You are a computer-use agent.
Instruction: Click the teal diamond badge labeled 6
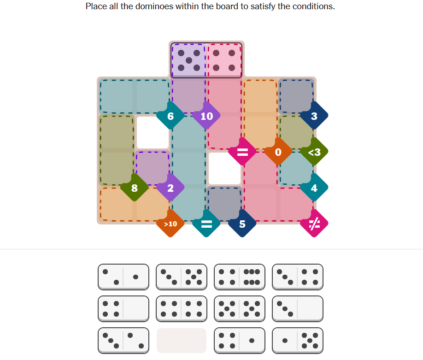coord(170,116)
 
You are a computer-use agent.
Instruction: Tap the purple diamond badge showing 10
coord(206,116)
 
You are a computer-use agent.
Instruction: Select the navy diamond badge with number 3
coord(314,116)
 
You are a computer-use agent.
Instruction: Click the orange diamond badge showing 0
coord(278,152)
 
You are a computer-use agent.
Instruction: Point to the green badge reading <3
coord(314,152)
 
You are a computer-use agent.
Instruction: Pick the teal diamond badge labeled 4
coord(314,188)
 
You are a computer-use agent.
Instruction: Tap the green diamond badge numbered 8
coord(135,188)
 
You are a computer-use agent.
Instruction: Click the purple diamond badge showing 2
coord(170,188)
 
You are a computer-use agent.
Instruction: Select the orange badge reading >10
coord(170,224)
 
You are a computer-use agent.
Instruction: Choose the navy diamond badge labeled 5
coord(242,224)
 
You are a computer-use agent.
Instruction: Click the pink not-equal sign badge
coord(314,224)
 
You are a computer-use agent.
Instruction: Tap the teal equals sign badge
coord(206,224)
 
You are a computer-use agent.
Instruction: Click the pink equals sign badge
coord(242,152)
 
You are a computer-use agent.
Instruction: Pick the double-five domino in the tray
coord(240,309)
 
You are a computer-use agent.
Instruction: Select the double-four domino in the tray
coord(182,309)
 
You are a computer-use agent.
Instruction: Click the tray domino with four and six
coord(240,277)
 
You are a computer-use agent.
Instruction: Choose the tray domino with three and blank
coord(298,309)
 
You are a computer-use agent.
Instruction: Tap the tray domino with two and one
coord(123,277)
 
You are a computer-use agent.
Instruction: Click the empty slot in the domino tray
coord(182,341)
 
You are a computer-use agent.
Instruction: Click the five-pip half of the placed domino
coord(189,60)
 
